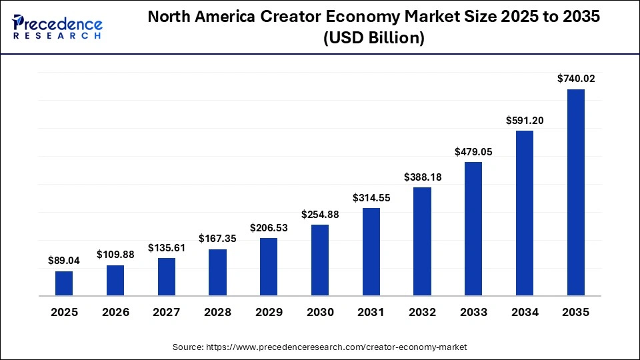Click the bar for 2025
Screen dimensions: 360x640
click(64, 283)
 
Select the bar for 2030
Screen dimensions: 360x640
click(320, 260)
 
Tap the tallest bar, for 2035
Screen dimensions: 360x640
click(576, 192)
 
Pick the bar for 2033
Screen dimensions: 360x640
click(473, 229)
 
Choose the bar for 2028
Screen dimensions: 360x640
click(217, 272)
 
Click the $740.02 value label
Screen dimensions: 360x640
click(576, 79)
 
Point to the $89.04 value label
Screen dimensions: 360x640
click(64, 261)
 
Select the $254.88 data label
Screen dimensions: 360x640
click(320, 214)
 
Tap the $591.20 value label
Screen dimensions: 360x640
click(525, 120)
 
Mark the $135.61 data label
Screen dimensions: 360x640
click(166, 247)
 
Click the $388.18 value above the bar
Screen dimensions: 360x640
click(423, 177)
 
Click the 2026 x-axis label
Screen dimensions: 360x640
click(115, 312)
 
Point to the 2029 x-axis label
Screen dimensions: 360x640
click(269, 312)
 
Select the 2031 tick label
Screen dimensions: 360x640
click(371, 312)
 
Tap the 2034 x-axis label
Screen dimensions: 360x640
click(525, 312)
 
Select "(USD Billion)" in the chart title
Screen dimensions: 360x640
click(373, 39)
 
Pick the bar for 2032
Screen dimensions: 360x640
click(423, 241)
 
